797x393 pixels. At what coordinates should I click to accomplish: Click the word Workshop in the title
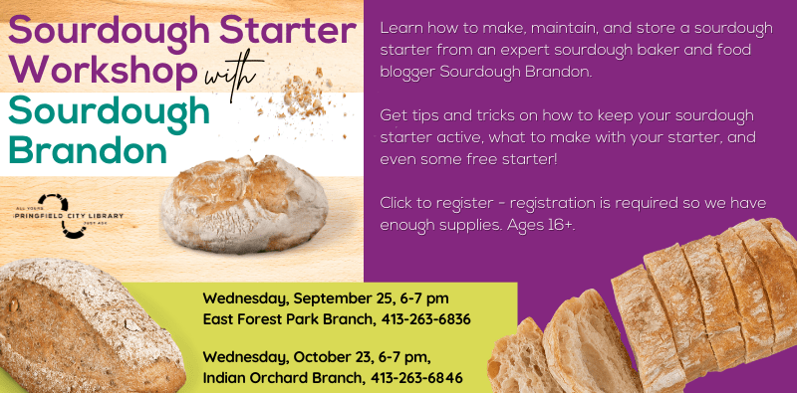click(100, 71)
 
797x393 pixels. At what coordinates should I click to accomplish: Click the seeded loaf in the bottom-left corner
click(85, 327)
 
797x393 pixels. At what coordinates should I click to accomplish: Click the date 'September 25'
click(337, 298)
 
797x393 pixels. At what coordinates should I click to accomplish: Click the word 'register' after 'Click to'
click(460, 203)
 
